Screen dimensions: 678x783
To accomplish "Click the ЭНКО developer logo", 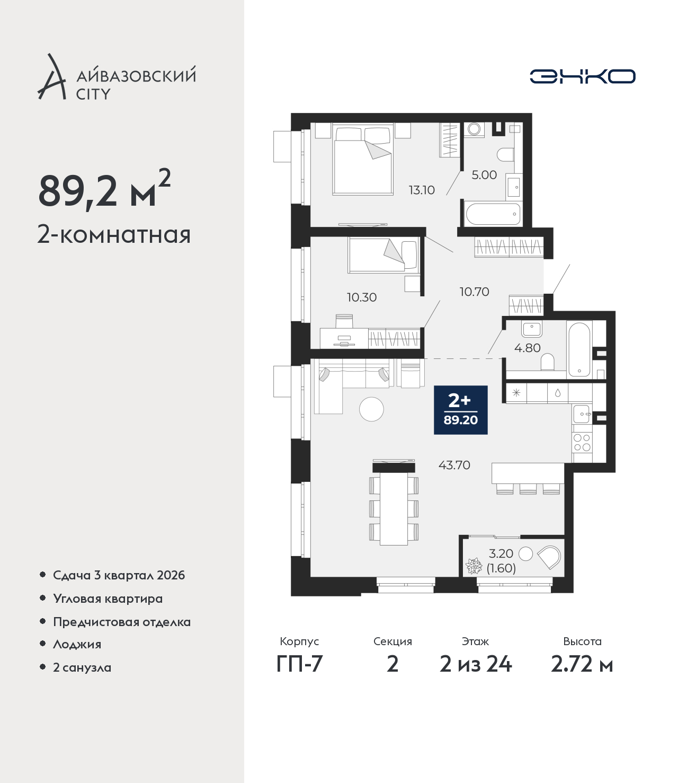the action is click(582, 76).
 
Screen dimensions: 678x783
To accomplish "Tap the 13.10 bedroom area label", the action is click(422, 190).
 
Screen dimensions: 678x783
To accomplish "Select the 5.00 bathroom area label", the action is click(484, 174).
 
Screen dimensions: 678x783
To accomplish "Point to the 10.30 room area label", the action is click(362, 297).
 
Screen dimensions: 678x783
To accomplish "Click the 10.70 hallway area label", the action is click(474, 292).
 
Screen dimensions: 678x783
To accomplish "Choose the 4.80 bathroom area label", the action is click(528, 348).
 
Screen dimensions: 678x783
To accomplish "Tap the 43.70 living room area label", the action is click(454, 465).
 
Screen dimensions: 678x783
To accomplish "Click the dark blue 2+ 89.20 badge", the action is click(461, 410).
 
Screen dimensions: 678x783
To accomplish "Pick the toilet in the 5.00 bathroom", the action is click(505, 155).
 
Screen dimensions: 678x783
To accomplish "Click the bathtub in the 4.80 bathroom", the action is click(579, 349).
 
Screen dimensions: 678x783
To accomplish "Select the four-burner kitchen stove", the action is click(582, 443).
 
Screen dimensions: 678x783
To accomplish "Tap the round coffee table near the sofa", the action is click(371, 409).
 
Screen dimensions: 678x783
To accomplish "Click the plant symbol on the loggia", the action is click(474, 566).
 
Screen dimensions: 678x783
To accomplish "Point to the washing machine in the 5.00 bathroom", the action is click(473, 129).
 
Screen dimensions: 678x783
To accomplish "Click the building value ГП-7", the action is click(299, 664).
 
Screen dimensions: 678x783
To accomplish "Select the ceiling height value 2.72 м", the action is click(582, 664).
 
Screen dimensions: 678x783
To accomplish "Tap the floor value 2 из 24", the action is click(476, 664).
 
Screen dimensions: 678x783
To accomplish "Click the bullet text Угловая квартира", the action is click(108, 599).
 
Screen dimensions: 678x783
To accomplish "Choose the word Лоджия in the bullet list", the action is click(77, 644).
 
